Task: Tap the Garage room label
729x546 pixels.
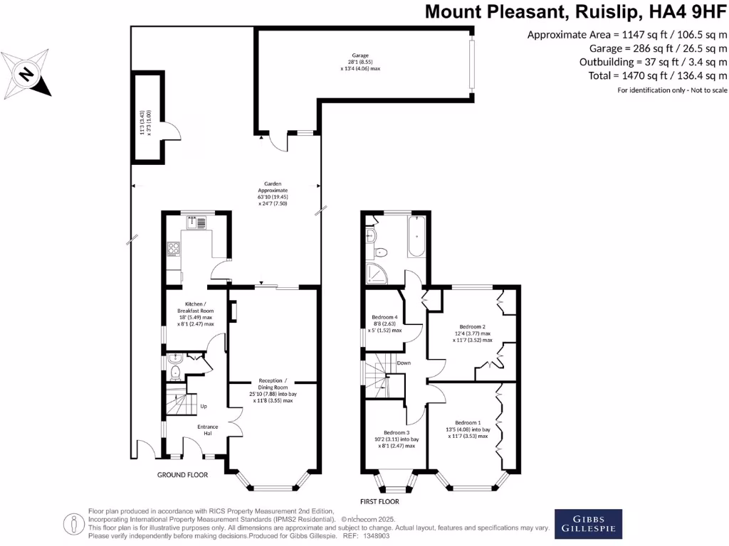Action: [x=360, y=55]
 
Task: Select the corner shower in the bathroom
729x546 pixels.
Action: [x=375, y=269]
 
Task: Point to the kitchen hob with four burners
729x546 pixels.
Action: [x=172, y=249]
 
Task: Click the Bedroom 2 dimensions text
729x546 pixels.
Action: [x=473, y=336]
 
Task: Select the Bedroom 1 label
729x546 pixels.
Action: [x=468, y=423]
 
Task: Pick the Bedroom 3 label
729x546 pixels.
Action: [x=397, y=433]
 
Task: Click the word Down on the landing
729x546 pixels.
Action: [x=404, y=363]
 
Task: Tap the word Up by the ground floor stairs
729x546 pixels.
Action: [x=203, y=407]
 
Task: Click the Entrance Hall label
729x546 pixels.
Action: [x=208, y=430]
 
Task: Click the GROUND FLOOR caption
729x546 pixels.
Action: [x=182, y=475]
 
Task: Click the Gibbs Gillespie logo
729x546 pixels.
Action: [x=588, y=524]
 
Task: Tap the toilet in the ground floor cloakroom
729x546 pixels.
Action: [x=175, y=368]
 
